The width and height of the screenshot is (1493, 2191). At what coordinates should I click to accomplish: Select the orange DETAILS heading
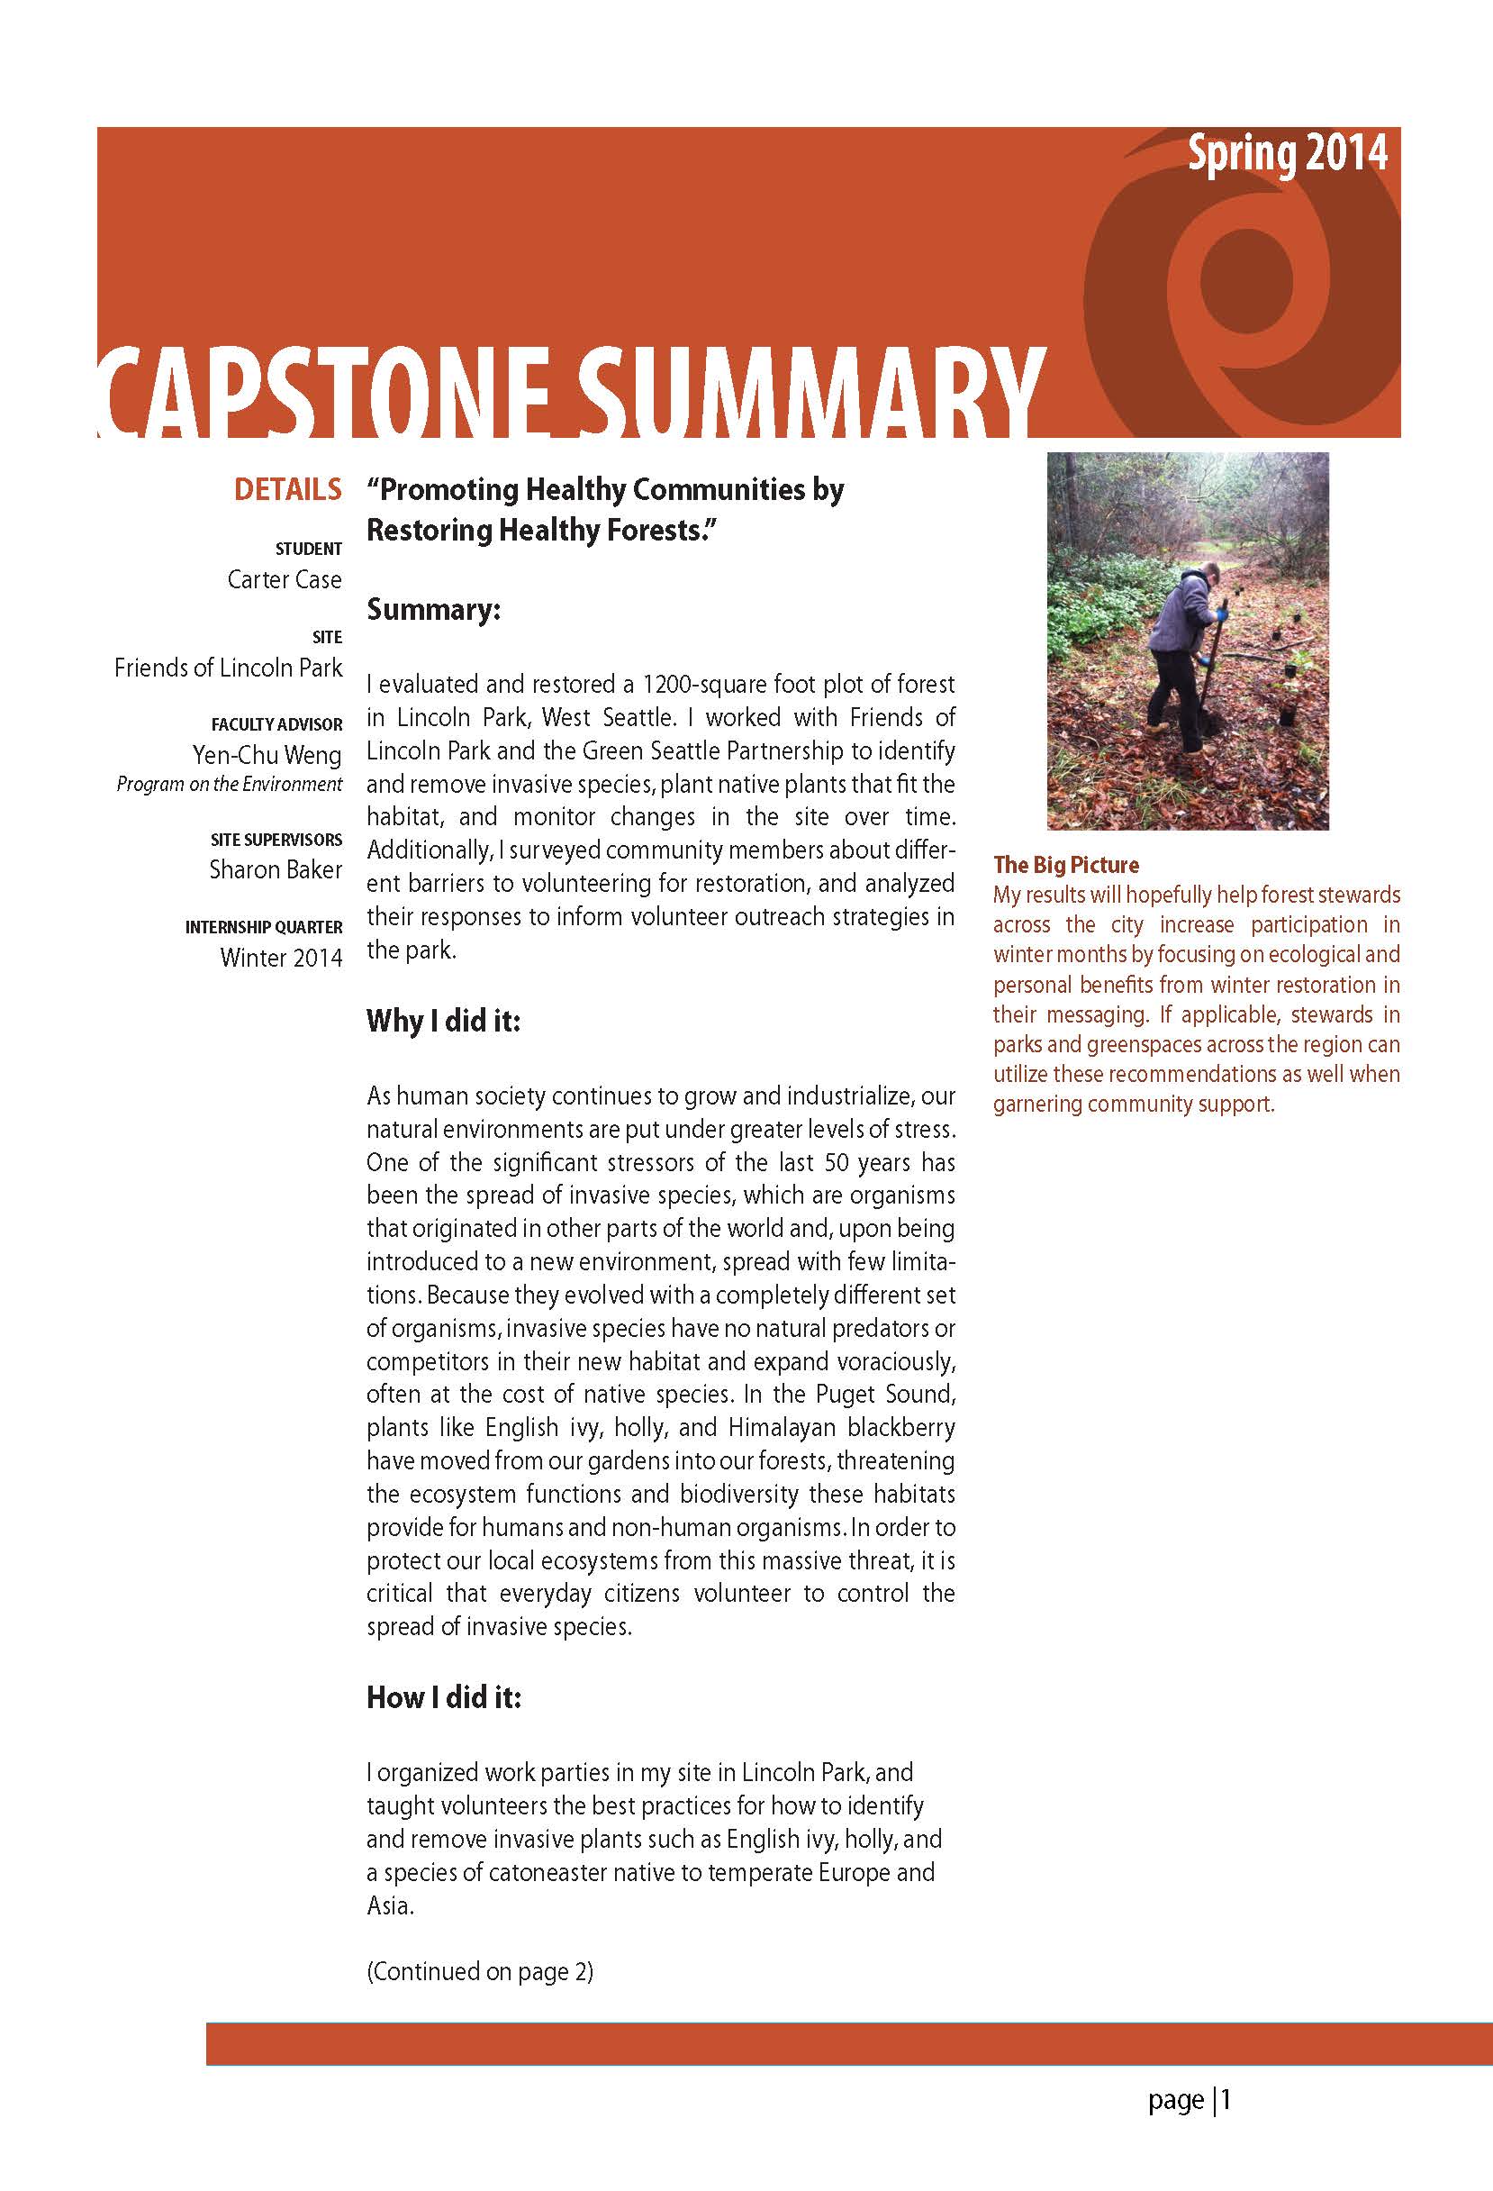(287, 489)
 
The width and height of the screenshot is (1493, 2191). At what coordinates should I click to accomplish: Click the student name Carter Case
(284, 579)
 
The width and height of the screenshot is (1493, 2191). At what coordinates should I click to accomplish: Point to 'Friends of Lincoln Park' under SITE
(228, 668)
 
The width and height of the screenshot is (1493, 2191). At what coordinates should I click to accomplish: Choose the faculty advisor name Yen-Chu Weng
(267, 754)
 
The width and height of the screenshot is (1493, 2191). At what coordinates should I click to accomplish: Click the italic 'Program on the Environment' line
(229, 784)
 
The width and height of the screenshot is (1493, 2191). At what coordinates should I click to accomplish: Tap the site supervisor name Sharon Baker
(276, 869)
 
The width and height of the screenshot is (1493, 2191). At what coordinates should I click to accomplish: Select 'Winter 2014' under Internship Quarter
(281, 957)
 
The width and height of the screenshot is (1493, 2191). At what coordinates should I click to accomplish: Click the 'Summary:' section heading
(432, 609)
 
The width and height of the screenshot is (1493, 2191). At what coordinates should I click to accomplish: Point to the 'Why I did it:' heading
(443, 1020)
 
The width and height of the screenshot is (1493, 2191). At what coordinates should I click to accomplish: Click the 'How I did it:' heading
(443, 1697)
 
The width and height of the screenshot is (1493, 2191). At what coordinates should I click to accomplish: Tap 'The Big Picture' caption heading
(1065, 865)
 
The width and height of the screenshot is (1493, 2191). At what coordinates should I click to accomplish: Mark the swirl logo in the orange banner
(1244, 283)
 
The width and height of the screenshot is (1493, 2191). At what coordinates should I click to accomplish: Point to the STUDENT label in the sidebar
(308, 549)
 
